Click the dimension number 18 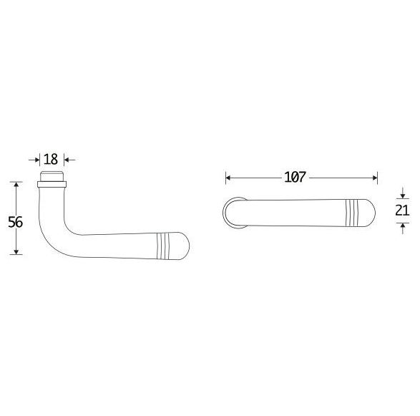click(51, 159)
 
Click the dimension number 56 click(15, 222)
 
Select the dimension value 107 click(295, 177)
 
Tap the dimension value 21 click(402, 211)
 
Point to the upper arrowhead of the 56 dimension click(16, 185)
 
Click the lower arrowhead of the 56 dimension click(16, 251)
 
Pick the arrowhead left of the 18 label click(37, 160)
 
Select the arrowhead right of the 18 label click(67, 160)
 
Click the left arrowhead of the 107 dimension click(228, 178)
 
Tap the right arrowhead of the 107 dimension click(375, 178)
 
